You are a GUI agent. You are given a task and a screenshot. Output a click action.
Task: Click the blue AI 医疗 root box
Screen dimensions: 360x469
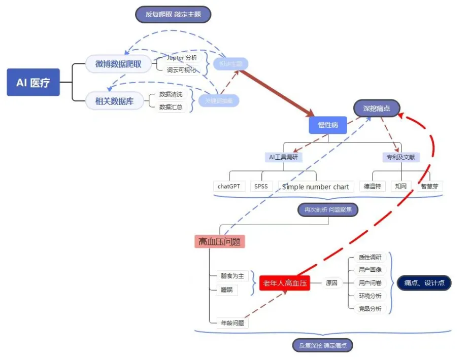[x=33, y=82]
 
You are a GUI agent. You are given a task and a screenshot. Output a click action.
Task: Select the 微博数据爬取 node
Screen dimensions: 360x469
[x=118, y=64]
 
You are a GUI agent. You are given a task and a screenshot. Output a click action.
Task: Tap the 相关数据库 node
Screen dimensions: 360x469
[x=114, y=101]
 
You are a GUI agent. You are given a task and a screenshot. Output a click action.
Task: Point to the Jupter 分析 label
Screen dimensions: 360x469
[x=182, y=58]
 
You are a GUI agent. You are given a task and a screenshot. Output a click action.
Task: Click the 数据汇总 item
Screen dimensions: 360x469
[x=171, y=107]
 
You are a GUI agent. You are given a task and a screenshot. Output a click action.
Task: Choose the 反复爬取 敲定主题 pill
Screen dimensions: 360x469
[x=173, y=14]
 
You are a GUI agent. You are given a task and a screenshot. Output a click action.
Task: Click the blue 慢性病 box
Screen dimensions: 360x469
[x=327, y=125]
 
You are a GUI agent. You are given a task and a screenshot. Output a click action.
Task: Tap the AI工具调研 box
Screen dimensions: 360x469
[x=283, y=157]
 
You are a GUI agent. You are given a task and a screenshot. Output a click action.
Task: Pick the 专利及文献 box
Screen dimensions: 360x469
[x=401, y=157]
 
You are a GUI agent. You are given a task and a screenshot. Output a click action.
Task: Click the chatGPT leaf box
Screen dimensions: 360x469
[x=228, y=186]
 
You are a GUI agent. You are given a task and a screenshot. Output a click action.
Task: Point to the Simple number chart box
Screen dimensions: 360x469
[x=316, y=187]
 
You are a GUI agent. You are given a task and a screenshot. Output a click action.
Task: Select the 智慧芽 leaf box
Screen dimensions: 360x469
[x=430, y=186]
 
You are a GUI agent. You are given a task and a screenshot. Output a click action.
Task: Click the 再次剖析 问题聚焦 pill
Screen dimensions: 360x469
[x=327, y=209]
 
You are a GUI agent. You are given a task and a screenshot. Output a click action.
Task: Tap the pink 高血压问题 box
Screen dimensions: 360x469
[x=219, y=242]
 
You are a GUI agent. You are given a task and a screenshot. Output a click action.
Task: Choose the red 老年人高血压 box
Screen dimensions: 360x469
[x=284, y=283]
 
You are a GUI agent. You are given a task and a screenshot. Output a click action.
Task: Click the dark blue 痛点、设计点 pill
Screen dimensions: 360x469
[x=424, y=283]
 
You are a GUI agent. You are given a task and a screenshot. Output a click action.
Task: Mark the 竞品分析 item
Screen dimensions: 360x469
[x=370, y=308]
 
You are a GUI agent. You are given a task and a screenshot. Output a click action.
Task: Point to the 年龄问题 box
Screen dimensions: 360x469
[x=232, y=322]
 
